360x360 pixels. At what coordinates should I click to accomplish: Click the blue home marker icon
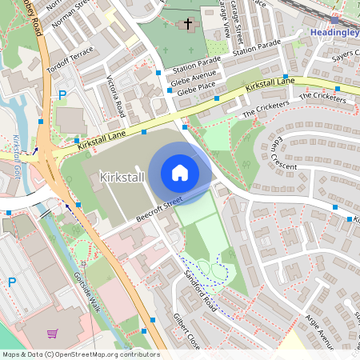click(180, 172)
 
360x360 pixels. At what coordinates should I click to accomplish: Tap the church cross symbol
click(188, 25)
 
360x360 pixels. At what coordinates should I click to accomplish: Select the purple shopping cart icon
click(52, 334)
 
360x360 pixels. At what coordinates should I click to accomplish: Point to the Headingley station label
click(334, 32)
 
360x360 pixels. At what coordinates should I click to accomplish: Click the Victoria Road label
click(116, 96)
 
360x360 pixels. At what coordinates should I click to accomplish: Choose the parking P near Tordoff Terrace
click(62, 95)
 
